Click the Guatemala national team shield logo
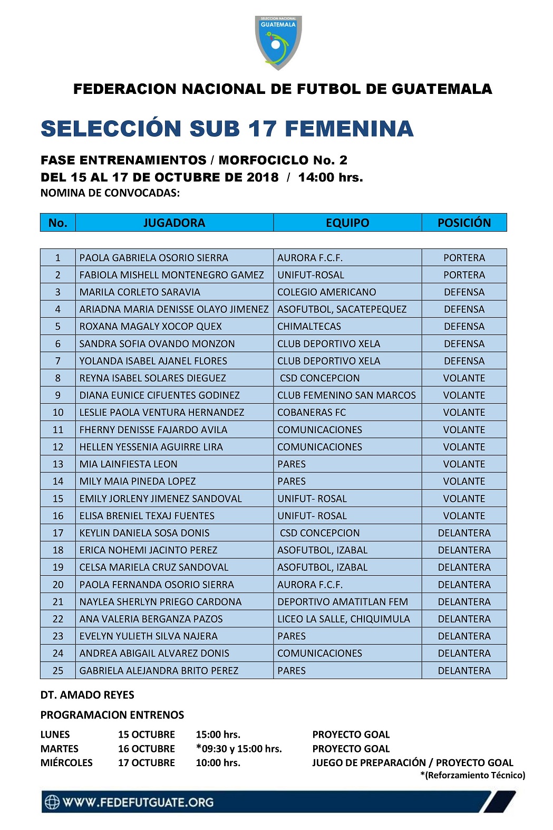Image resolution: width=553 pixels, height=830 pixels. pyautogui.click(x=278, y=42)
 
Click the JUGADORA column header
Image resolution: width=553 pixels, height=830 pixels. pyautogui.click(x=174, y=223)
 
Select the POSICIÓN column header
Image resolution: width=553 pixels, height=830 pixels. pyautogui.click(x=464, y=223)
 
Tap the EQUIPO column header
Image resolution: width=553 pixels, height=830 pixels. pyautogui.click(x=347, y=223)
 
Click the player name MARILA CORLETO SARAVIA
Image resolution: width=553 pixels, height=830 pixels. pyautogui.click(x=140, y=292)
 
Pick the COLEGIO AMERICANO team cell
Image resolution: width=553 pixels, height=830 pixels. pyautogui.click(x=327, y=292)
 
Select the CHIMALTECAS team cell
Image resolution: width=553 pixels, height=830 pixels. pyautogui.click(x=309, y=327)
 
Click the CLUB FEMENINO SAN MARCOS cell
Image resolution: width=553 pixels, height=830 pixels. pyautogui.click(x=346, y=395)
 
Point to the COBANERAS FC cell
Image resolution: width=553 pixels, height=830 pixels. pyautogui.click(x=312, y=413)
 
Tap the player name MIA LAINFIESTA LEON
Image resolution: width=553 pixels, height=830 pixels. pyautogui.click(x=128, y=464)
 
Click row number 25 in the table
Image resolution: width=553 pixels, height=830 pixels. pyautogui.click(x=58, y=671)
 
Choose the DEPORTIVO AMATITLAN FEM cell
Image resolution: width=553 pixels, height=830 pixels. pyautogui.click(x=343, y=602)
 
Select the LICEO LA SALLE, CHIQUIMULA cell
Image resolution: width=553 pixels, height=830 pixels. pyautogui.click(x=344, y=619)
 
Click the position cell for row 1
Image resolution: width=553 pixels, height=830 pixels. pyautogui.click(x=464, y=258)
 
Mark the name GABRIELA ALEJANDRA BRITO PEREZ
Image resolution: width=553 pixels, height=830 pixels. pyautogui.click(x=159, y=671)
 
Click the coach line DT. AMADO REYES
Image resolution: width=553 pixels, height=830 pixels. pyautogui.click(x=88, y=695)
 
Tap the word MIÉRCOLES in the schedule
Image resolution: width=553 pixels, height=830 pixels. pyautogui.click(x=66, y=763)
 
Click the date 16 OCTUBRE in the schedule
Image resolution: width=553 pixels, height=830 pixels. pyautogui.click(x=147, y=749)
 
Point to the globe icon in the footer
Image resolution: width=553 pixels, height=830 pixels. pyautogui.click(x=52, y=802)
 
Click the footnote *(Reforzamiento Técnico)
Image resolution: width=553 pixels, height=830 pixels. pyautogui.click(x=472, y=775)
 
